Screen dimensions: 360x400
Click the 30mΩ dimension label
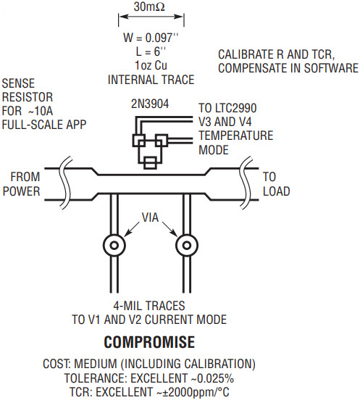(x=149, y=7)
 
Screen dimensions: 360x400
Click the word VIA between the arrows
(x=150, y=217)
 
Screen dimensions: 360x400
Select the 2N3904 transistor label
(x=150, y=104)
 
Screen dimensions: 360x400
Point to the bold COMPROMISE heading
(x=149, y=342)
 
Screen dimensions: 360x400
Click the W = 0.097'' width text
(x=151, y=38)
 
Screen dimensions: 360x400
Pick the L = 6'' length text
(x=151, y=51)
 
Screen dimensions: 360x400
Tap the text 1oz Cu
(x=151, y=65)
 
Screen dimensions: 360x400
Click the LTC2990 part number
(x=235, y=108)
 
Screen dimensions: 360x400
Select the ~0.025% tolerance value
(x=212, y=378)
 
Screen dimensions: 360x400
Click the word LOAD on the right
(x=277, y=191)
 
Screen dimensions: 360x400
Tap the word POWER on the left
(x=22, y=191)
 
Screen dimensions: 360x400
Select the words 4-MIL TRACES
(x=149, y=306)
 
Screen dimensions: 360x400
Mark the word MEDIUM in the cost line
(x=95, y=364)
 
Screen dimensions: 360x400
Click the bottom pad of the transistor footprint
(x=150, y=163)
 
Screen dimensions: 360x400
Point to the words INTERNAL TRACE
(x=151, y=80)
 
